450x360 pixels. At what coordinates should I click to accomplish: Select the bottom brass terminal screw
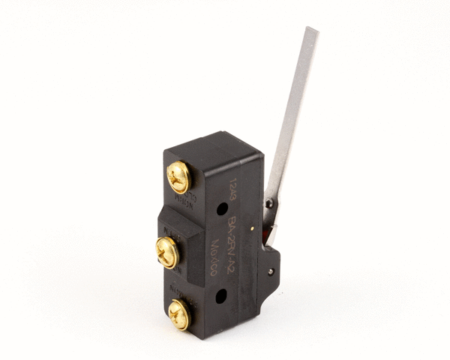click(179, 313)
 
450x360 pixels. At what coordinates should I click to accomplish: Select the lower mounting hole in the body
click(220, 296)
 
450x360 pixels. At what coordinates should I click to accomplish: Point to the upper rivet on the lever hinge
click(268, 204)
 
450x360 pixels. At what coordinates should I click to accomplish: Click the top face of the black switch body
click(214, 144)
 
